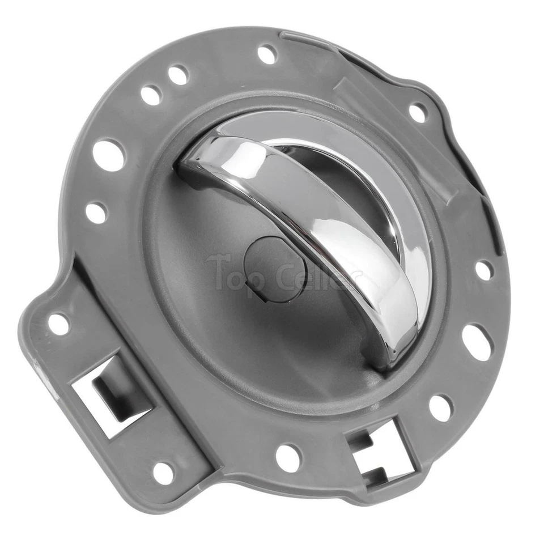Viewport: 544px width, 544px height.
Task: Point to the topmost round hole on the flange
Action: click(x=267, y=54)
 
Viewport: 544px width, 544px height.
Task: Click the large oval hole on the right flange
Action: click(x=477, y=342)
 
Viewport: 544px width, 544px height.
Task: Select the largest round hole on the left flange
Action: click(x=109, y=155)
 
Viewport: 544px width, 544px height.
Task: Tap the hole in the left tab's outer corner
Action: click(x=58, y=324)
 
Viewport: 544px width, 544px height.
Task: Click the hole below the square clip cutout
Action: click(x=163, y=473)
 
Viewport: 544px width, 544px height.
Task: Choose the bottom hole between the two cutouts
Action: click(x=288, y=457)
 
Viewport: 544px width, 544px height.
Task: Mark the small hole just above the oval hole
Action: click(x=483, y=270)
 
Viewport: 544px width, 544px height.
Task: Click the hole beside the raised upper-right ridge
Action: click(x=418, y=112)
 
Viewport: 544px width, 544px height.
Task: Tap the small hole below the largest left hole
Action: click(x=96, y=212)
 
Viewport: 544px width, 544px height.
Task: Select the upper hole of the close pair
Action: click(x=178, y=75)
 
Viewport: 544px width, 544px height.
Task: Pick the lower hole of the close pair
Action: click(x=151, y=95)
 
